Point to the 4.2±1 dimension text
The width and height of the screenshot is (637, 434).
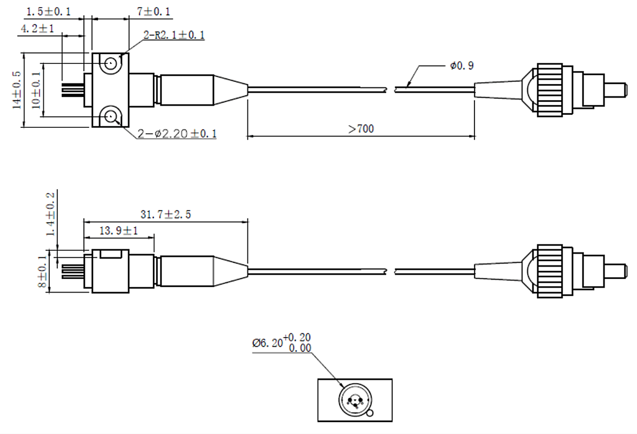coord(37,29)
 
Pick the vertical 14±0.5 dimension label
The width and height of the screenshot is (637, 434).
coord(16,90)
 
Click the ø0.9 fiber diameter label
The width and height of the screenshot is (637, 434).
coord(461,66)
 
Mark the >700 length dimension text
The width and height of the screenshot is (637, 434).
coord(361,129)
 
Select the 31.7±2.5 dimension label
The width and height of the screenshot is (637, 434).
coord(166,214)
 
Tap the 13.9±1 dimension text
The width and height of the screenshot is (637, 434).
coord(119,231)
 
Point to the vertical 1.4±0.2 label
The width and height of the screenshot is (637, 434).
coord(51,214)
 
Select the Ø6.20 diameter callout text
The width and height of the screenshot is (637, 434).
coord(282,342)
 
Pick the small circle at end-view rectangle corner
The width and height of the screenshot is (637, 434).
coord(370,414)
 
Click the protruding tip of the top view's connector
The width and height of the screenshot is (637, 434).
coord(615,90)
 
